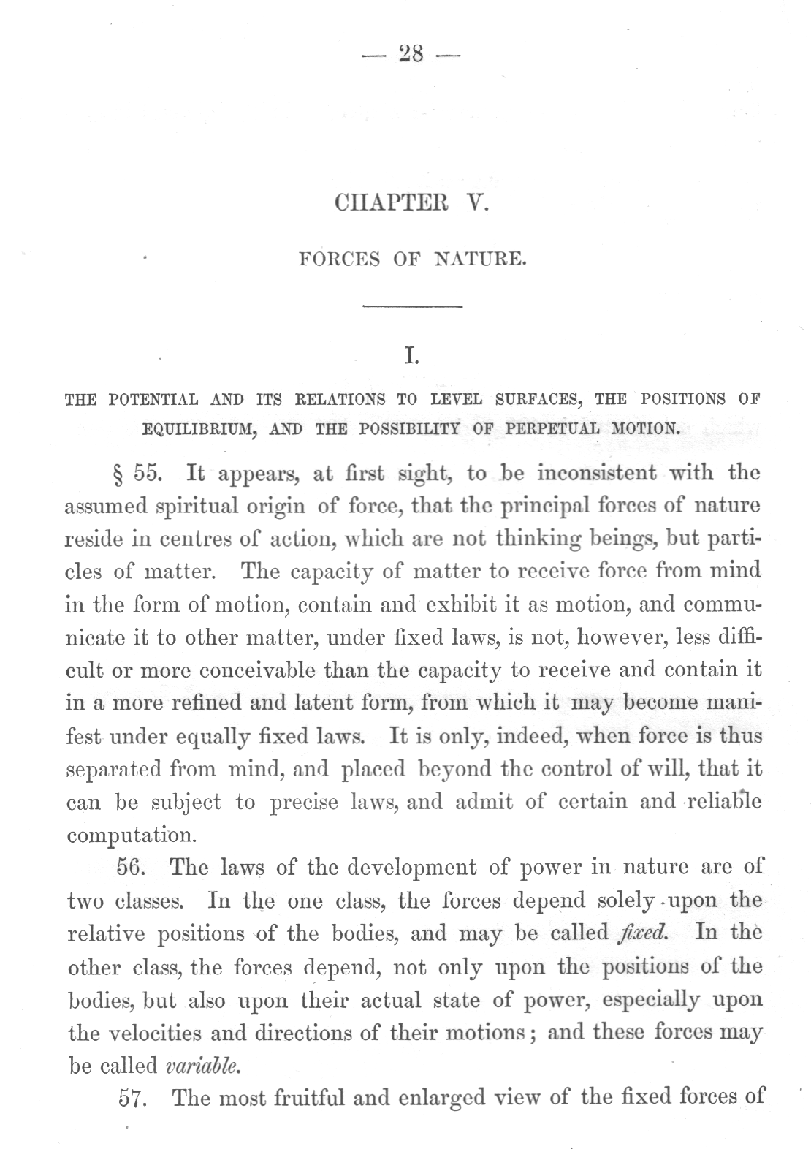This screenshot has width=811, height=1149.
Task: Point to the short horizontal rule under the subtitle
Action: (x=413, y=306)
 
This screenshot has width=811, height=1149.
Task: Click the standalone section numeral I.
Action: (x=411, y=357)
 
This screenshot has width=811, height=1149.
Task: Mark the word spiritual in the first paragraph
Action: (x=197, y=507)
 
